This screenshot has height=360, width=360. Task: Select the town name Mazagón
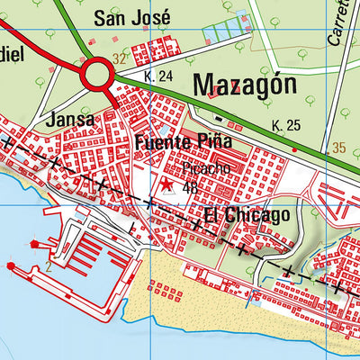click(x=244, y=85)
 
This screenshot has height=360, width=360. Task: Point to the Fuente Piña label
click(x=184, y=142)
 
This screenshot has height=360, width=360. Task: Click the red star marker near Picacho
click(x=166, y=184)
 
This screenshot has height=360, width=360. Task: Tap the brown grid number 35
click(x=338, y=147)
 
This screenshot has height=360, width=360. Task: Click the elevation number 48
click(x=190, y=188)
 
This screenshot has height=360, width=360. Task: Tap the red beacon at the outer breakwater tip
click(x=11, y=266)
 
